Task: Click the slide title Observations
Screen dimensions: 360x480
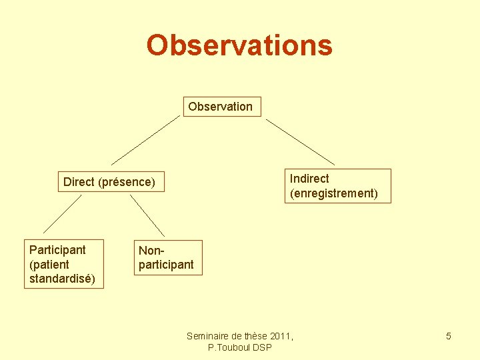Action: [x=239, y=45]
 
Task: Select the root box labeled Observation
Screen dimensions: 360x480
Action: [x=221, y=107]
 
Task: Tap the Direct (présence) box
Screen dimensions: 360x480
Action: [x=109, y=182]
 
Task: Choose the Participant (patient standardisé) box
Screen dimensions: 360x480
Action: [x=63, y=264]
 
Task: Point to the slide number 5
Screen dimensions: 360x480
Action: [x=449, y=336]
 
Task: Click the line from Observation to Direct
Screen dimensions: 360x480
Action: [x=145, y=140]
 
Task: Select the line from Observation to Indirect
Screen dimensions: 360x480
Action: [x=300, y=141]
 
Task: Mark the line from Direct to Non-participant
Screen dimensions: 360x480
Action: [x=147, y=215]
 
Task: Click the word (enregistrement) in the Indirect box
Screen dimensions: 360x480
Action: [x=334, y=194]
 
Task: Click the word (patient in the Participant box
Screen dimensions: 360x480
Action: [x=49, y=264]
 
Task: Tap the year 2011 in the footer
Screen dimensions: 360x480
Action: [x=280, y=336]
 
